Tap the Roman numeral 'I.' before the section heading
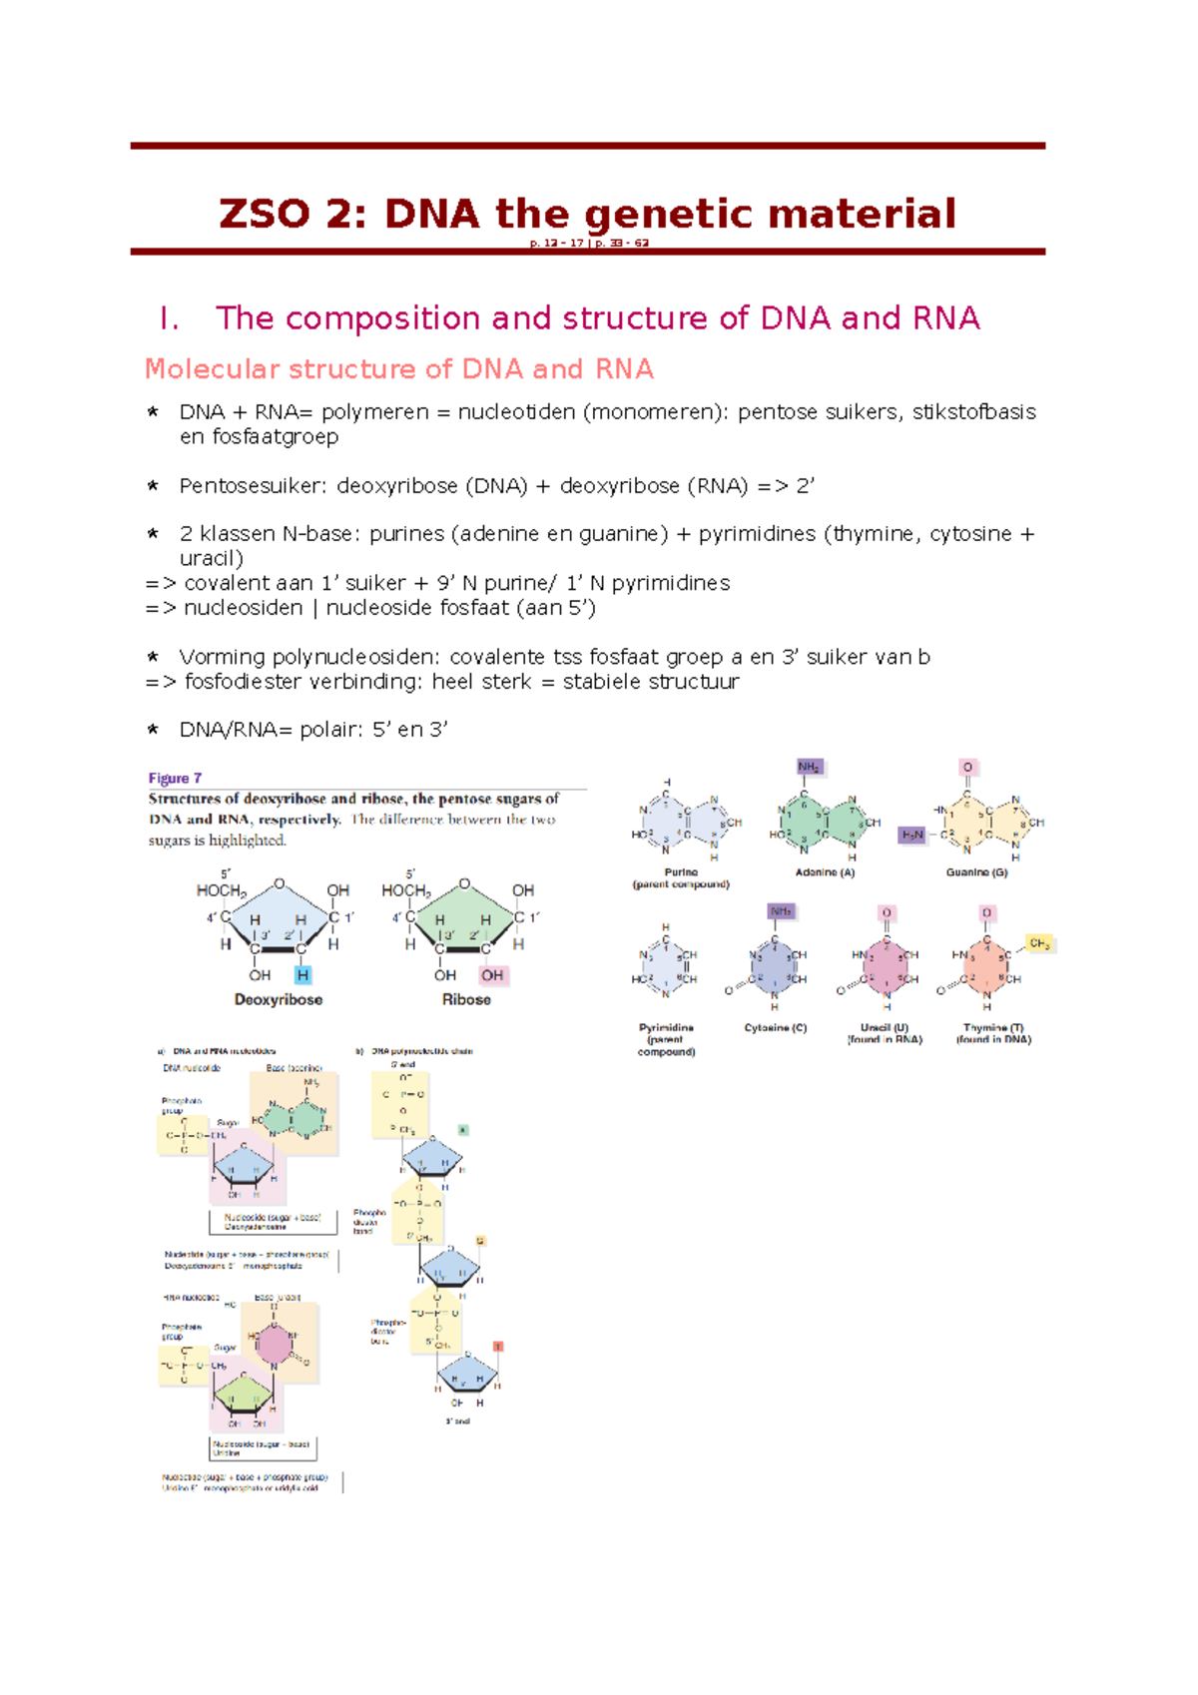pyautogui.click(x=169, y=318)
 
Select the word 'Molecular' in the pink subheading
pyautogui.click(x=211, y=369)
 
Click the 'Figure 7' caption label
pyautogui.click(x=175, y=779)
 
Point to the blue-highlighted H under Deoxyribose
pyautogui.click(x=302, y=975)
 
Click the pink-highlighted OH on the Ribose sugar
pyautogui.click(x=492, y=975)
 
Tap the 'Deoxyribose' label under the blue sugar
pyautogui.click(x=278, y=999)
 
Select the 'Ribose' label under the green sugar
pyautogui.click(x=466, y=999)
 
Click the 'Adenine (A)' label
pyautogui.click(x=825, y=872)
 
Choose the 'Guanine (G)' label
pyautogui.click(x=976, y=872)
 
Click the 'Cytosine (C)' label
pyautogui.click(x=775, y=1028)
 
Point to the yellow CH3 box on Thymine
pyautogui.click(x=1039, y=943)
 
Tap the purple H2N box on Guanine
pyautogui.click(x=912, y=835)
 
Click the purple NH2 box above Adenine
pyautogui.click(x=809, y=768)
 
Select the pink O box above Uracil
pyautogui.click(x=887, y=913)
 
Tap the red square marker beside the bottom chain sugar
pyautogui.click(x=498, y=1347)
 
